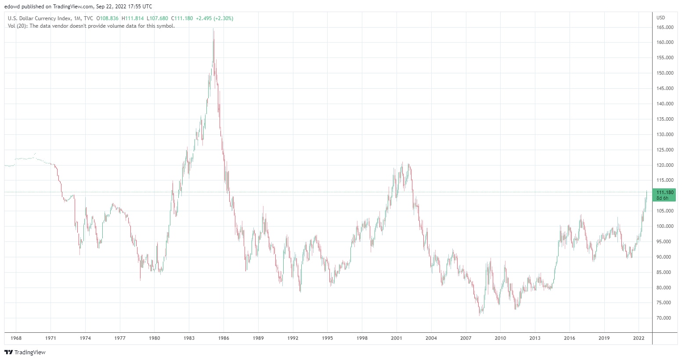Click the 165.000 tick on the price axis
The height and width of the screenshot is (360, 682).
tap(665, 27)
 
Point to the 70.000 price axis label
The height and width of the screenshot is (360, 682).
tap(664, 318)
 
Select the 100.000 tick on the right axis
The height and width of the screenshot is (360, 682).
tap(665, 226)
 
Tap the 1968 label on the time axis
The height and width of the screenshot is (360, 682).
tap(16, 338)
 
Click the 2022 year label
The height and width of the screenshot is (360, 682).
tap(639, 338)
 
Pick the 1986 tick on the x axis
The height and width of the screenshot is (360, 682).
tap(224, 338)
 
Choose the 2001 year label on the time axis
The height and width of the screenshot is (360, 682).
tap(397, 338)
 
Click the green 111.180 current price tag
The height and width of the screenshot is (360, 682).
tap(664, 195)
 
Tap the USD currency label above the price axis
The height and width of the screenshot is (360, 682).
tap(660, 18)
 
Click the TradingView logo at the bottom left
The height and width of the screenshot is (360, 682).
tap(25, 352)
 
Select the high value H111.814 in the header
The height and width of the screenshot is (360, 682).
tap(133, 18)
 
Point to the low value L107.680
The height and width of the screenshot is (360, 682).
tap(157, 18)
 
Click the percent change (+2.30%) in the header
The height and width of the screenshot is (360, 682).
tap(224, 18)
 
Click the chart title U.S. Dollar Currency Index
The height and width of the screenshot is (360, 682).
tap(39, 18)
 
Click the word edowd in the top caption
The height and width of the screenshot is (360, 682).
tap(12, 7)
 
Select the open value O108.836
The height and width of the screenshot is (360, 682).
tap(108, 18)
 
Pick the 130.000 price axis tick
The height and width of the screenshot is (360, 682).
tap(665, 134)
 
